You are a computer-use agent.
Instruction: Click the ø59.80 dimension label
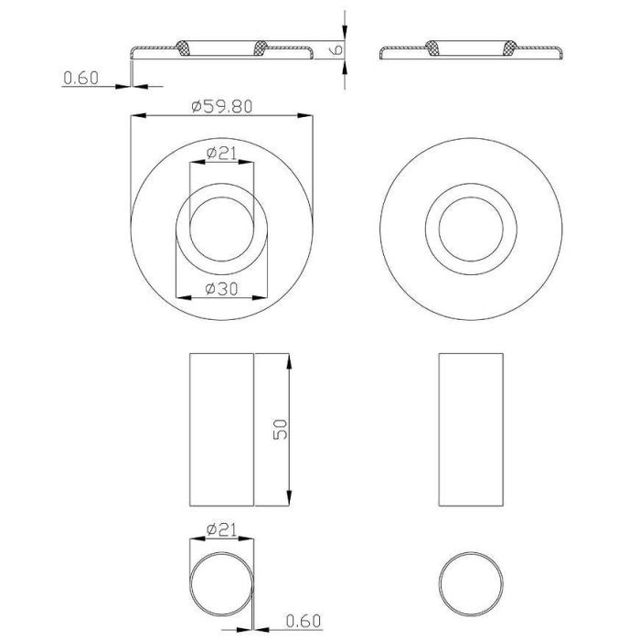(222, 107)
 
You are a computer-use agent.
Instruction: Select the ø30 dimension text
(221, 289)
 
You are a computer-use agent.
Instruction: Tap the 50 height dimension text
(281, 429)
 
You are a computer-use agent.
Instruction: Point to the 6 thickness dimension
(337, 49)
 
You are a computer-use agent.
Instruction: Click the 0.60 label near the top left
(80, 78)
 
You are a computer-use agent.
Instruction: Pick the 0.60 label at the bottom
(304, 621)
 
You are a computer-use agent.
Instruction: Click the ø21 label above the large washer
(221, 154)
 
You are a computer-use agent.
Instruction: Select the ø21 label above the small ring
(221, 529)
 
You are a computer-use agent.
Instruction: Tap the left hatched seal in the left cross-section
(183, 48)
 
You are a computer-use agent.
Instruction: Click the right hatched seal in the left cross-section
(261, 48)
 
